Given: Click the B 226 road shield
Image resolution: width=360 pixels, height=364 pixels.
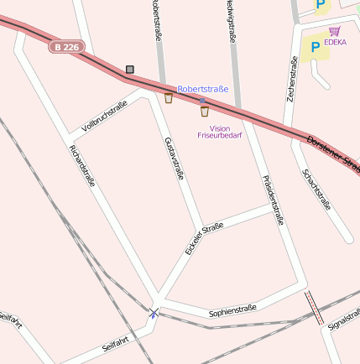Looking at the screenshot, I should point(66,48).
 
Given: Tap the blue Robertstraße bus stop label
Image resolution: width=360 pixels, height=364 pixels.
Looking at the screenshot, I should point(202,88).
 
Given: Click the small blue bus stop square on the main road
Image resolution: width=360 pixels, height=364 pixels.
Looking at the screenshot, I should point(202,100).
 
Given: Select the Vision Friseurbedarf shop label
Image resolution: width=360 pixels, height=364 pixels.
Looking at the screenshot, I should point(218,131).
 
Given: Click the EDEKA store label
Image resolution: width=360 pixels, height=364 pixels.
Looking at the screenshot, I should point(336,42).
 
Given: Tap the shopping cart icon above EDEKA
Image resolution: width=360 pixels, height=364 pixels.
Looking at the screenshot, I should point(335,31).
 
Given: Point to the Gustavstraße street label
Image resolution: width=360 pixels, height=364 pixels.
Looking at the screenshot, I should point(174,157).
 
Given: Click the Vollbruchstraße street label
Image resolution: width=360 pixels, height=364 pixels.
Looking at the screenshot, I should point(104,117).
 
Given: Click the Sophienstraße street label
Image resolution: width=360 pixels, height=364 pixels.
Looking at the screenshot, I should point(232,311).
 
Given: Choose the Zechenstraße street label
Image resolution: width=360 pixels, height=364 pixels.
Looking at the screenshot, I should point(294,80).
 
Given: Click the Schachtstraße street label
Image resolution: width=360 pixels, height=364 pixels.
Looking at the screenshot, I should point(316,190).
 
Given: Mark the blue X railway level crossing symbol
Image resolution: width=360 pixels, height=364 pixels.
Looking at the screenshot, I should point(154,313).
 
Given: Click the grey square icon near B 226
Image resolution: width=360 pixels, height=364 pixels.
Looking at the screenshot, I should point(129,70).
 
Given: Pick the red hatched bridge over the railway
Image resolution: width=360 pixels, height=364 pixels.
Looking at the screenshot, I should point(314,307).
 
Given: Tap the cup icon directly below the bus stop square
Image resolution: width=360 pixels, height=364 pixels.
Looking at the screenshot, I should point(204,111).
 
